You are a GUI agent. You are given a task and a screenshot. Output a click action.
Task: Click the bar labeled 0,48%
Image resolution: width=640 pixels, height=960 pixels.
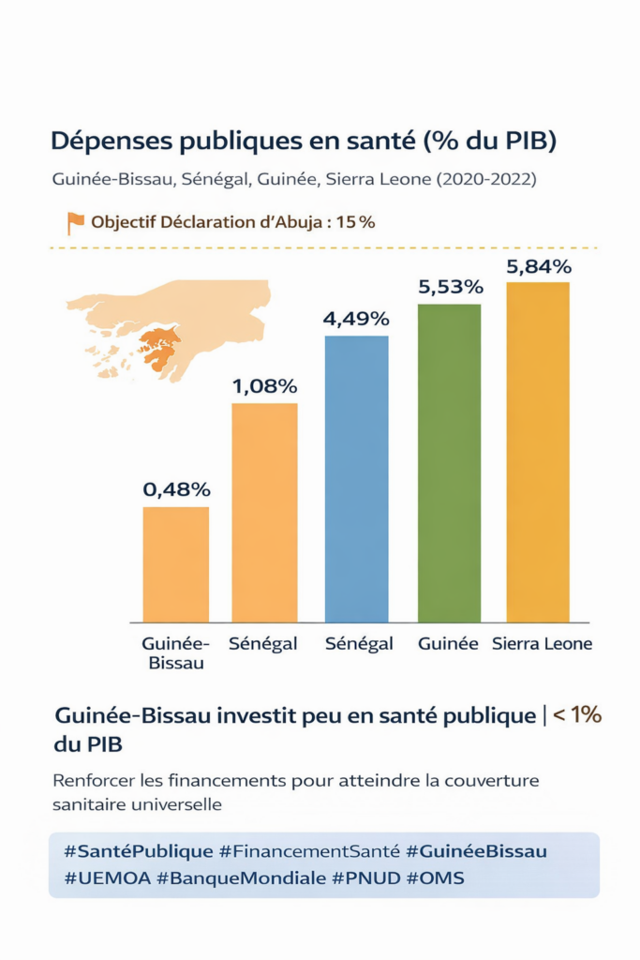175,564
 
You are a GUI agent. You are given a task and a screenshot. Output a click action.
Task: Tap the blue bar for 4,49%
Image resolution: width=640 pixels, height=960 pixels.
356,478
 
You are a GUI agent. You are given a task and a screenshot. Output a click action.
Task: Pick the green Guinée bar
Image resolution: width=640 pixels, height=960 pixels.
449,463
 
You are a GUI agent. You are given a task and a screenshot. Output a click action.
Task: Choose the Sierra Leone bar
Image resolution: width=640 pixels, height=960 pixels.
538,452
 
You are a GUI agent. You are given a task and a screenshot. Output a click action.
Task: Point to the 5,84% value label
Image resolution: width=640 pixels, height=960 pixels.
539,266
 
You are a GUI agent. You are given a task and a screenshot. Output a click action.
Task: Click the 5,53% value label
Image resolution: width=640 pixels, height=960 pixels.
450,287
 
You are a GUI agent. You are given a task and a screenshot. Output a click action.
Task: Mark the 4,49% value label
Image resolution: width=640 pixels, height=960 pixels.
356,319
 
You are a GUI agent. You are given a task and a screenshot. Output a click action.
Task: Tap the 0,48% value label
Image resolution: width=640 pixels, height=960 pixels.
176,489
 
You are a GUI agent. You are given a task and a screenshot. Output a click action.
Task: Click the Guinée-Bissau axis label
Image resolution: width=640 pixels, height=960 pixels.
175,653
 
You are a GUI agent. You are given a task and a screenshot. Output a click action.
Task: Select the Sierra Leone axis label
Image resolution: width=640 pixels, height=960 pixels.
542,644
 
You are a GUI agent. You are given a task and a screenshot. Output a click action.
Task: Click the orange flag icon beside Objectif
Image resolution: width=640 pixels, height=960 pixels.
76,223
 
